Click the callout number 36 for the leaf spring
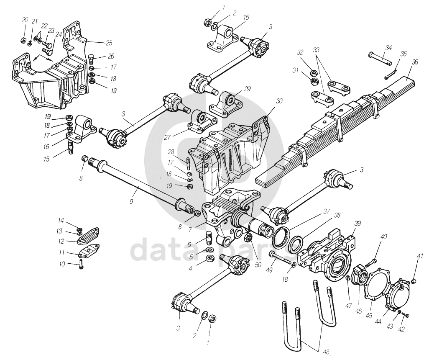pos(414,62)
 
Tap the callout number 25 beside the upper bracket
pos(109,43)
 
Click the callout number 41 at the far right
pos(420,255)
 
